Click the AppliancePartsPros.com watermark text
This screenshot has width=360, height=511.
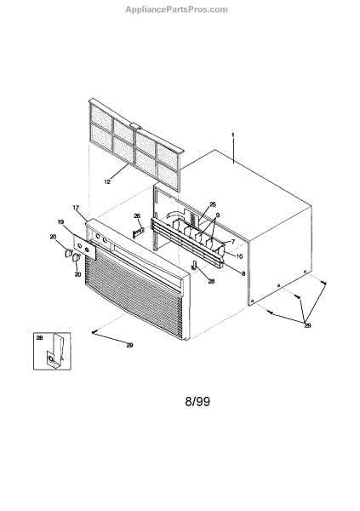(176, 9)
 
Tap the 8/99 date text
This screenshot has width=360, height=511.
(197, 401)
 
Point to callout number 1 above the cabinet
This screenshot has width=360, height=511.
(233, 135)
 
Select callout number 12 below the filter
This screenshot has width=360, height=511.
(107, 182)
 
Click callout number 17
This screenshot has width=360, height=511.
(76, 208)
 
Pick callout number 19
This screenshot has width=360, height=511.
(60, 222)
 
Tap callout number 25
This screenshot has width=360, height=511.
(213, 204)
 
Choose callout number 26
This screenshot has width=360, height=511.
(137, 215)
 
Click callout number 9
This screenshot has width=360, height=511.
(218, 215)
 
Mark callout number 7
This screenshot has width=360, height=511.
(233, 242)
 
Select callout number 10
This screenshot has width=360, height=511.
(239, 256)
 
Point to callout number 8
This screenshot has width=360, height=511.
(243, 273)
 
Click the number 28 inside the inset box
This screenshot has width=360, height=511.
(39, 338)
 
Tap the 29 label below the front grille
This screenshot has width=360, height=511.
(129, 345)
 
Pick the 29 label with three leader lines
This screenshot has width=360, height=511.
(307, 325)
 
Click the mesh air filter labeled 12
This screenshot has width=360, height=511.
(136, 144)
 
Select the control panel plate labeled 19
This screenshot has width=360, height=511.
(85, 247)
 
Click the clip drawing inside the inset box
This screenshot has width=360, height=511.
(54, 352)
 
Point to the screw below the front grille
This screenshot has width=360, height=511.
(94, 332)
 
